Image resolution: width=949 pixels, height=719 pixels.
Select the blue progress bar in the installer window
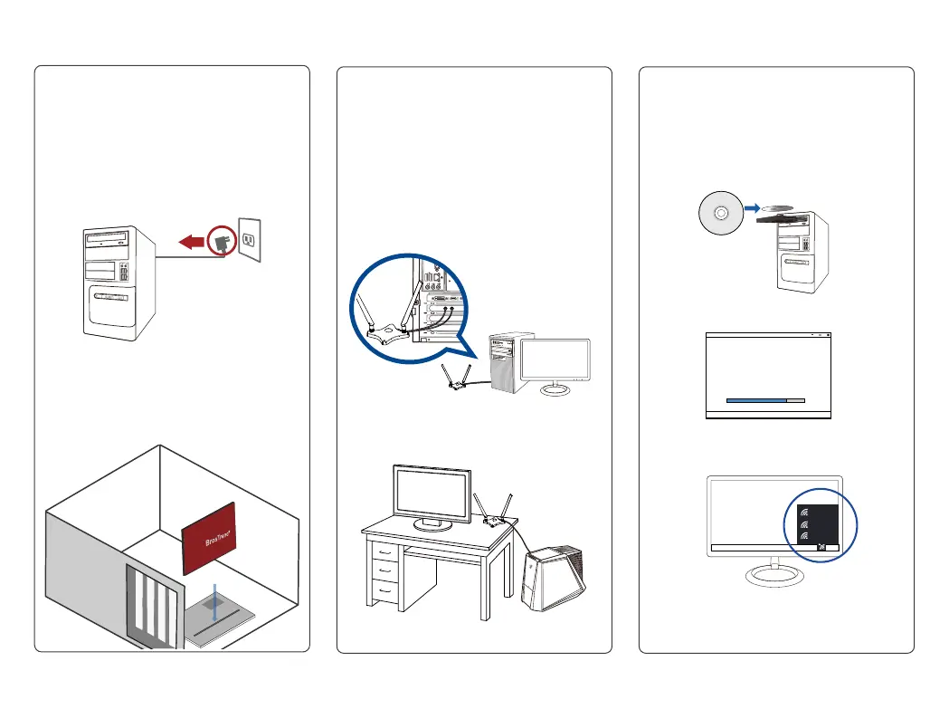[x=757, y=398]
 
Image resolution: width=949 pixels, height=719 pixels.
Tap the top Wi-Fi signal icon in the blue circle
[x=803, y=509]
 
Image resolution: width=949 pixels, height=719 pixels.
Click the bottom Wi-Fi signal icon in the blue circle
[x=803, y=537]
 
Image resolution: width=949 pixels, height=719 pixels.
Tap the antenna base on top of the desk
[x=493, y=521]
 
